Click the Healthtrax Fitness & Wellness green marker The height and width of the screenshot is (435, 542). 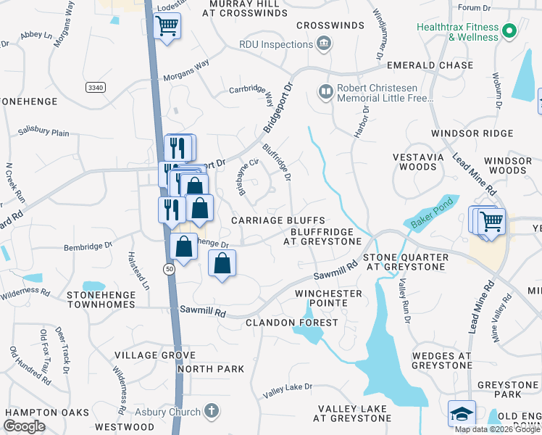pos(509,31)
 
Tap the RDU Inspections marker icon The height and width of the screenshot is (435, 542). pos(324,44)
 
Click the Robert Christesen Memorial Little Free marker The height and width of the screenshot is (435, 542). pos(324,91)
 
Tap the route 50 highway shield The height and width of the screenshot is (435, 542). pos(168,269)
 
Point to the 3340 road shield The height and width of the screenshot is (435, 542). pos(94,87)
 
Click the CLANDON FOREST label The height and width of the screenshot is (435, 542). pos(292,322)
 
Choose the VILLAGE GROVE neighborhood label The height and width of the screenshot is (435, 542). pos(155,355)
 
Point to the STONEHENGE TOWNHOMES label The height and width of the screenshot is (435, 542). pos(101,300)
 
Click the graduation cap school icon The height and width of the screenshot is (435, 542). pos(462,414)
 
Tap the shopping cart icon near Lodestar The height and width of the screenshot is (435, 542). pos(167,27)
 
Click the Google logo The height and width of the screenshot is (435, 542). pos(24,426)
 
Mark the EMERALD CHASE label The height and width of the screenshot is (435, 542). pos(429,65)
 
